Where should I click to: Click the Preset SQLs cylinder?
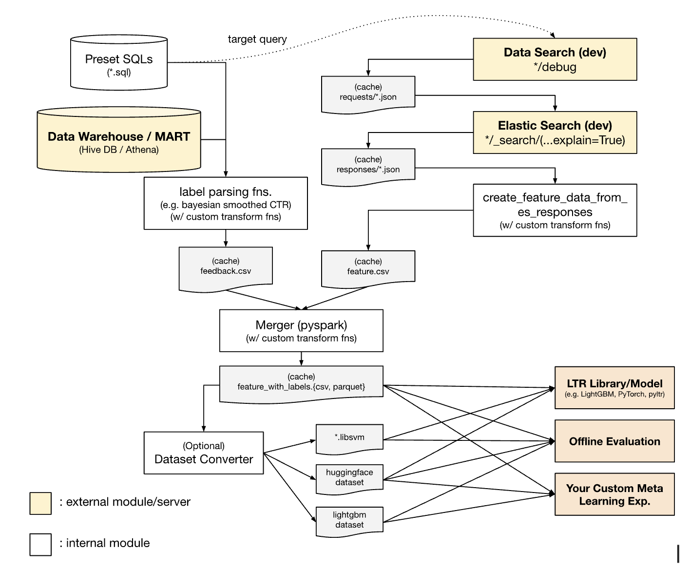[x=119, y=63]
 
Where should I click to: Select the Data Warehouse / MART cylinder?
[x=119, y=141]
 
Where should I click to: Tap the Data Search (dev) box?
[x=555, y=59]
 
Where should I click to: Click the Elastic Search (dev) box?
[x=555, y=133]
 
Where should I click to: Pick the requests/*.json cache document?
[x=368, y=93]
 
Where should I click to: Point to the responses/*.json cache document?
[x=368, y=166]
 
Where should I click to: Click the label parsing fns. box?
[x=226, y=203]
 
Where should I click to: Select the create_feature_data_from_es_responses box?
[x=555, y=210]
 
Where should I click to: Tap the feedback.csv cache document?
[x=226, y=267]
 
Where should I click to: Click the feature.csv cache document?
[x=368, y=267]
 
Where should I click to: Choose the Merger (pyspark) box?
[x=301, y=330]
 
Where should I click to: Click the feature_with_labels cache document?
[x=301, y=382]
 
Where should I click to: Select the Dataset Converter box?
[x=204, y=453]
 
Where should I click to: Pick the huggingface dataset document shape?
[x=349, y=478]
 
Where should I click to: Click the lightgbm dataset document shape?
[x=349, y=520]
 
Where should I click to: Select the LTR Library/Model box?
[x=614, y=387]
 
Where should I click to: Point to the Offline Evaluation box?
[x=614, y=441]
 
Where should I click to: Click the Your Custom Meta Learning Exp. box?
[x=614, y=494]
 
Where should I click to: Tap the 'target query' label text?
[x=257, y=39]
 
